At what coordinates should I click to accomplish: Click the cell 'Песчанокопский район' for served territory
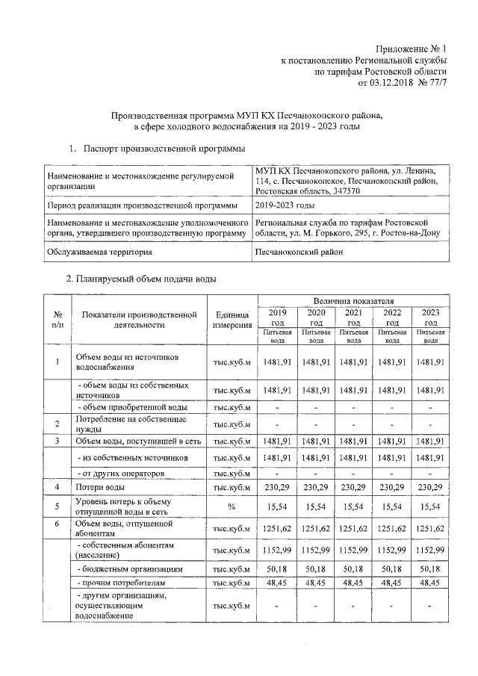click(x=299, y=252)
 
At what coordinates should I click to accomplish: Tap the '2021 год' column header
click(x=353, y=317)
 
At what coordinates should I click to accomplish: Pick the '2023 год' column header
click(x=430, y=317)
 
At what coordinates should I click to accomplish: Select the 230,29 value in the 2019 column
click(x=276, y=488)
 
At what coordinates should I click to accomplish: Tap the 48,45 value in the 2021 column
click(x=353, y=582)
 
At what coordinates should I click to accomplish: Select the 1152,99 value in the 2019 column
click(x=276, y=551)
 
